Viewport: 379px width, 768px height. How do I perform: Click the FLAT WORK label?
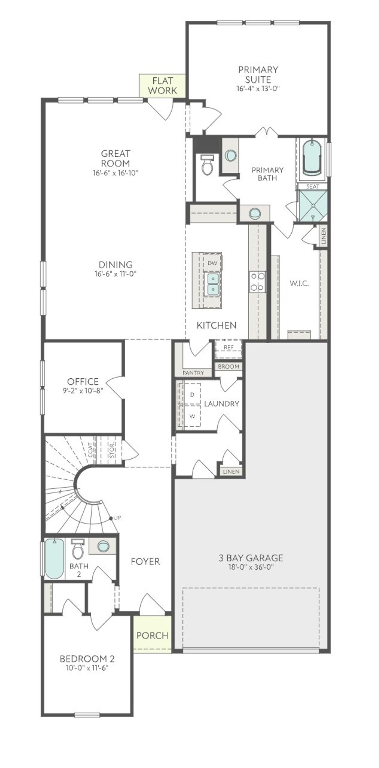coord(162,86)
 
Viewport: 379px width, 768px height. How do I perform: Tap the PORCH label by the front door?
coord(152,635)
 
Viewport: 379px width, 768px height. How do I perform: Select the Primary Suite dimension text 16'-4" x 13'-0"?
coord(258,89)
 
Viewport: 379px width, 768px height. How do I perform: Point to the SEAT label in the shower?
coord(313,186)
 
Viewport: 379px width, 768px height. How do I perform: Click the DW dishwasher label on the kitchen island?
coord(212,263)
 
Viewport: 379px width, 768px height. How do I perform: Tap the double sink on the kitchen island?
coord(213,284)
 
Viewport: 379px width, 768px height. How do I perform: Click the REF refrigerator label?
coord(229,347)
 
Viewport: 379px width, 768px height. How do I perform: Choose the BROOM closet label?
coord(228,367)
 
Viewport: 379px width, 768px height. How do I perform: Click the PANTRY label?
coord(193,373)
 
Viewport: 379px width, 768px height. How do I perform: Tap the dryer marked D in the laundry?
coord(192,394)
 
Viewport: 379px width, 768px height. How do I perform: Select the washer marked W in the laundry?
coord(192,416)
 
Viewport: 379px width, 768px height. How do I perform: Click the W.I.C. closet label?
coord(299,283)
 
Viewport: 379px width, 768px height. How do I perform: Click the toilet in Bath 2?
coord(78,550)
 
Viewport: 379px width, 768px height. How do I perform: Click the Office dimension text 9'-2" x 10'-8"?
coord(83,391)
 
